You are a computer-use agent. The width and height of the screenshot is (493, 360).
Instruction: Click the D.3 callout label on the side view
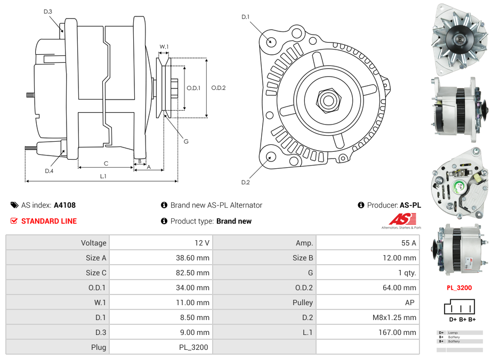(x=47, y=12)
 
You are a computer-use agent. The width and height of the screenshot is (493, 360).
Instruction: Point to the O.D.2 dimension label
(x=218, y=88)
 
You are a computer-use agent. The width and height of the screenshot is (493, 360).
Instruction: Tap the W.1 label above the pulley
(x=164, y=47)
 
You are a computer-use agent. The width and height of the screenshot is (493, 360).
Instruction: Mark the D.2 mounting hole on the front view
(x=271, y=157)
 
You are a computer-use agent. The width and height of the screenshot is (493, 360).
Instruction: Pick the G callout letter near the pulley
(x=186, y=141)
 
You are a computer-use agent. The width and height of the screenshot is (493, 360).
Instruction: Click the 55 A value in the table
(x=408, y=243)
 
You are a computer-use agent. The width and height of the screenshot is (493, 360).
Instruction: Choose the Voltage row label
(x=93, y=243)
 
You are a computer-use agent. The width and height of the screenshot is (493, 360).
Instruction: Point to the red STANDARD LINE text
(x=49, y=221)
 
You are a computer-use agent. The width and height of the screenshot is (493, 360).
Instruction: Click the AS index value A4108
(x=65, y=205)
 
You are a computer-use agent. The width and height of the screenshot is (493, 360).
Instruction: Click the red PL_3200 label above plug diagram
(x=459, y=288)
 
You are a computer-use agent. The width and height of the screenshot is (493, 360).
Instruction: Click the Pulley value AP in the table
(x=409, y=302)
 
